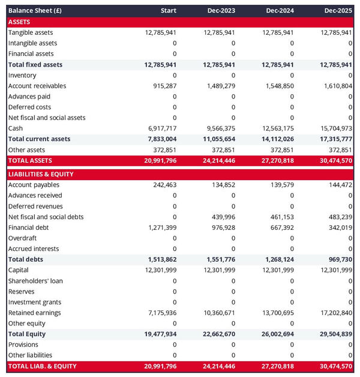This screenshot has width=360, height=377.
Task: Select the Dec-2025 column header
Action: [338, 11]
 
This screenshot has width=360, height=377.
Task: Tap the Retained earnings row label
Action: [35, 313]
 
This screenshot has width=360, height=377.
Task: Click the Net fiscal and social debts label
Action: [46, 217]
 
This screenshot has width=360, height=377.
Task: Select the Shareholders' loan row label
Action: [35, 281]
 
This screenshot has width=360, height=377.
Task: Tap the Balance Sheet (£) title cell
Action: [34, 11]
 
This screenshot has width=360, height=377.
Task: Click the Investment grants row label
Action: [35, 302]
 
